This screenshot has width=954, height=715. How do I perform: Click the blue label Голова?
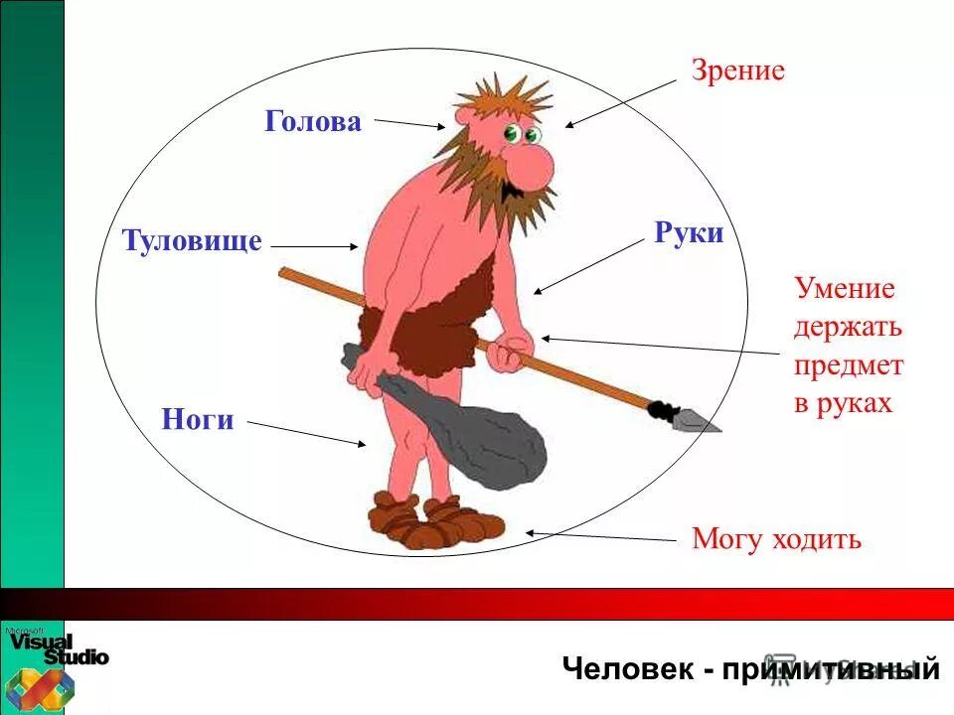click(313, 121)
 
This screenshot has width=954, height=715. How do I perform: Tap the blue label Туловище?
click(192, 241)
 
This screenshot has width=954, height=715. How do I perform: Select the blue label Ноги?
click(198, 420)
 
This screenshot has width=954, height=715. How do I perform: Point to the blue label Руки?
click(689, 233)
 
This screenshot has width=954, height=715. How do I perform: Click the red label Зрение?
click(738, 71)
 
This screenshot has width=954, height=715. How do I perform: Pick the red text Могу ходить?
click(776, 539)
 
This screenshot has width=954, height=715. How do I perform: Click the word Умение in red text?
click(845, 289)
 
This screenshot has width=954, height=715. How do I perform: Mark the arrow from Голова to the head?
click(408, 124)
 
